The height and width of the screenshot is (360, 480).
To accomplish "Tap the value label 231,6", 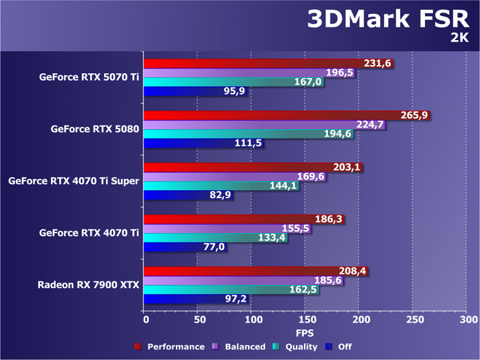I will click(377, 63).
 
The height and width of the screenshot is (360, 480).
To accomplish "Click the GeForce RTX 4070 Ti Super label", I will click(74, 182).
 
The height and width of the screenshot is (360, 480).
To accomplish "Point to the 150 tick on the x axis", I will click(305, 321).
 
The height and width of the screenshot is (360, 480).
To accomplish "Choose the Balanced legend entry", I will click(244, 346).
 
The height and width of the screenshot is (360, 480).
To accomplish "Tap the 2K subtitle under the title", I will click(459, 38).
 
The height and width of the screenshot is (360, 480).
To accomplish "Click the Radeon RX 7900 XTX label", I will click(89, 285).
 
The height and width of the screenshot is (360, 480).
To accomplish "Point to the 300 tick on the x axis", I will click(467, 321).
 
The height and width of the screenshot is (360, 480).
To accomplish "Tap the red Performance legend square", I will click(138, 346).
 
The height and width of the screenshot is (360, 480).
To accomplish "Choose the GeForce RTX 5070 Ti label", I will click(89, 78).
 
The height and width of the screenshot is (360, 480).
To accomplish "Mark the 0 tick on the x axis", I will click(145, 321).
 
